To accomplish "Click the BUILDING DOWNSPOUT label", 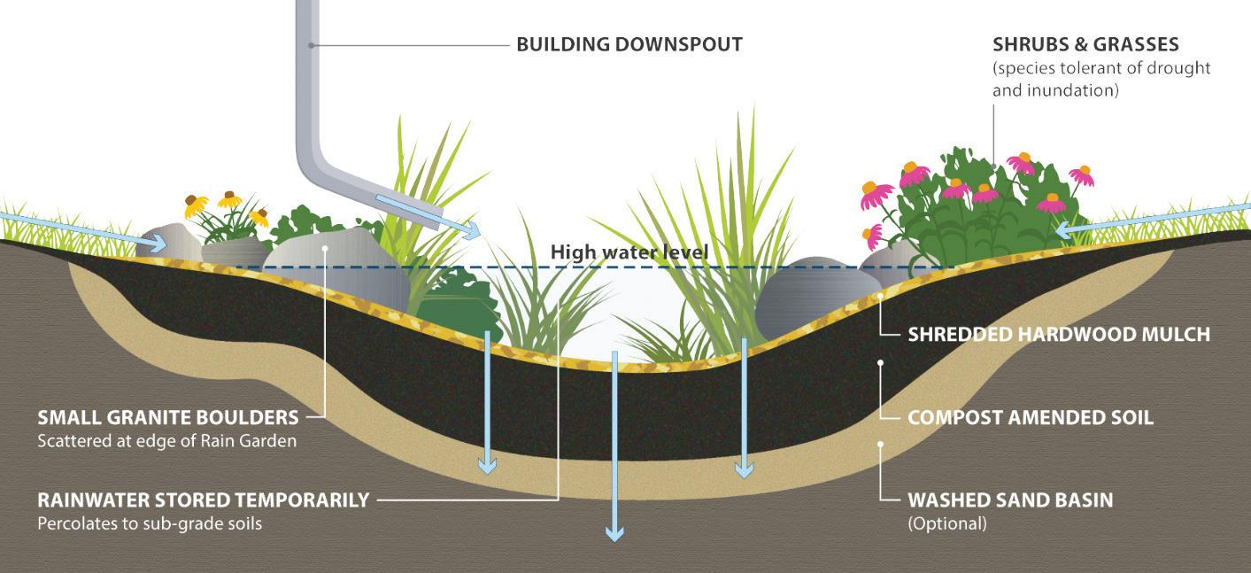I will pyautogui.click(x=629, y=44).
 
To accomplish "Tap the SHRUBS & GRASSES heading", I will pyautogui.click(x=1085, y=44).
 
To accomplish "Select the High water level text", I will pyautogui.click(x=629, y=252).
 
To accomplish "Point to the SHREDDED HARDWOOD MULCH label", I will pyautogui.click(x=1058, y=335).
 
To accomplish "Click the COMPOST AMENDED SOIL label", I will pyautogui.click(x=1031, y=417).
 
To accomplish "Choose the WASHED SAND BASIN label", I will pyautogui.click(x=1010, y=499).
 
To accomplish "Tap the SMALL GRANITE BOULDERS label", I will pyautogui.click(x=168, y=417).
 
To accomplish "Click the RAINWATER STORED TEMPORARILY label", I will pyautogui.click(x=203, y=499).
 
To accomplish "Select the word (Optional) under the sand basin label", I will pyautogui.click(x=946, y=523).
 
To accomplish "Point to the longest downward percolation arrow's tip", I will pyautogui.click(x=614, y=533).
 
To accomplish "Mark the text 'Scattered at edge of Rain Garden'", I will pyautogui.click(x=167, y=440).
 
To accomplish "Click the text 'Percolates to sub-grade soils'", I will pyautogui.click(x=150, y=523).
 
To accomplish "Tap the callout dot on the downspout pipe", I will pyautogui.click(x=312, y=44).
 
